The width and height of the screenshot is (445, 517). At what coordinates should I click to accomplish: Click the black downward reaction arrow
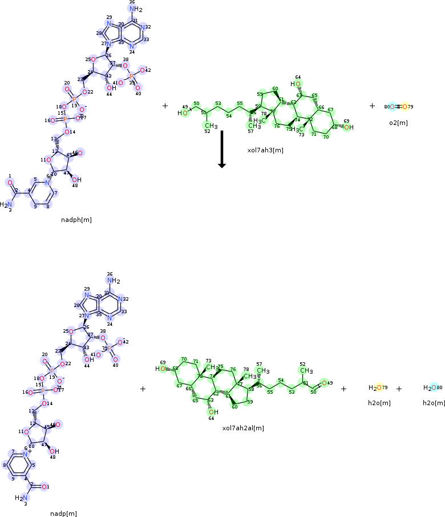pyautogui.click(x=222, y=150)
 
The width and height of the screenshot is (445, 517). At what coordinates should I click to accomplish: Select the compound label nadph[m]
pyautogui.click(x=76, y=219)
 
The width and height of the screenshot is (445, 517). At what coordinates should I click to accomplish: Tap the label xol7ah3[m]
pyautogui.click(x=265, y=150)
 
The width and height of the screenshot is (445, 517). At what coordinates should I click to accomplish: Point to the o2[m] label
pyautogui.click(x=398, y=123)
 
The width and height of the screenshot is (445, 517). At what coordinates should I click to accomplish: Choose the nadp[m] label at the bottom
pyautogui.click(x=63, y=514)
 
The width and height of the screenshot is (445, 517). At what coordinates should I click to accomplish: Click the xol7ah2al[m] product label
pyautogui.click(x=243, y=427)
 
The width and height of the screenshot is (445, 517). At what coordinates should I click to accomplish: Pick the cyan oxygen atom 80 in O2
pyautogui.click(x=393, y=106)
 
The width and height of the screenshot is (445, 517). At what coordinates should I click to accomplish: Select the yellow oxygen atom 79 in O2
pyautogui.click(x=404, y=106)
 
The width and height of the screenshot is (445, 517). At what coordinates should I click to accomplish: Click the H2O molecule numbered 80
pyautogui.click(x=431, y=388)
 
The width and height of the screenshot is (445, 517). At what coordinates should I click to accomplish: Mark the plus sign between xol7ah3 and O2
pyautogui.click(x=372, y=106)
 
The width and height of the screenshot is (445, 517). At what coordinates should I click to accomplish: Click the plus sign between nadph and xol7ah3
pyautogui.click(x=165, y=106)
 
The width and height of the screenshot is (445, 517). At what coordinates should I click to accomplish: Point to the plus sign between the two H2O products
pyautogui.click(x=399, y=389)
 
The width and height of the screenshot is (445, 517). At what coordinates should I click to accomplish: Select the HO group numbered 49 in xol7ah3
pyautogui.click(x=183, y=113)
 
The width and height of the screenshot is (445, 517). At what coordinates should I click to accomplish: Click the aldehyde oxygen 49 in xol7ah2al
pyautogui.click(x=323, y=383)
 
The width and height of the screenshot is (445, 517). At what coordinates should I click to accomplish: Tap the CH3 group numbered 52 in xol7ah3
pyautogui.click(x=211, y=126)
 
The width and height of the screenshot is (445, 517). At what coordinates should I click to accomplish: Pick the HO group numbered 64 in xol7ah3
pyautogui.click(x=296, y=84)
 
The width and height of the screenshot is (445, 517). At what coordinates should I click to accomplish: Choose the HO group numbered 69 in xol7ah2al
pyautogui.click(x=161, y=369)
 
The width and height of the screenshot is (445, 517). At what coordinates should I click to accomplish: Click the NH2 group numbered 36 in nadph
pyautogui.click(x=135, y=9)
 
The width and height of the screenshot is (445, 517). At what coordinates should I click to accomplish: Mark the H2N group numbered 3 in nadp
pyautogui.click(x=21, y=498)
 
